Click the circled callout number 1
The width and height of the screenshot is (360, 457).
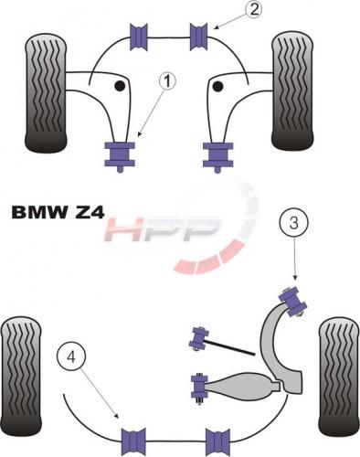(x=167, y=81)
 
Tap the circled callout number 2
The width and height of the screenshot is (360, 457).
(x=252, y=9)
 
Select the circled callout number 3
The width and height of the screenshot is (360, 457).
(x=293, y=223)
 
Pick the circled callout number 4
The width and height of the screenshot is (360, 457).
(x=71, y=356)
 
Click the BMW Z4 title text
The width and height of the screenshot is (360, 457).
(x=58, y=213)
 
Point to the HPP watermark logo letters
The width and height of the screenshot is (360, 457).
(x=162, y=229)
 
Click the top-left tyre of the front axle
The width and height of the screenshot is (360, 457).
(x=46, y=92)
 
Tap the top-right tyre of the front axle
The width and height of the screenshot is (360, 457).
(x=292, y=90)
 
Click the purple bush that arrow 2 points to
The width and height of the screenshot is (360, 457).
(x=199, y=37)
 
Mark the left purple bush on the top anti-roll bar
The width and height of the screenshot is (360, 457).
(x=139, y=37)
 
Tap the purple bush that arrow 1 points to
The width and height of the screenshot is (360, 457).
(x=120, y=154)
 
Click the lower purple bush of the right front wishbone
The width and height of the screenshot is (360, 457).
(x=218, y=154)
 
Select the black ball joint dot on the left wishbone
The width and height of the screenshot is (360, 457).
(x=120, y=86)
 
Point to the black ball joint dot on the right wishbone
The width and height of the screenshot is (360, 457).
(x=217, y=87)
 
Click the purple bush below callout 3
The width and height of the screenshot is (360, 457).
(x=293, y=301)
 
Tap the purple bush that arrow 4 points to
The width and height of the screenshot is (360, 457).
(x=133, y=441)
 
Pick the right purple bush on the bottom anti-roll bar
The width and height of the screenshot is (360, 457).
(x=217, y=441)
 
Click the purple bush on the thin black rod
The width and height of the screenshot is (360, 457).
(x=198, y=339)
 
